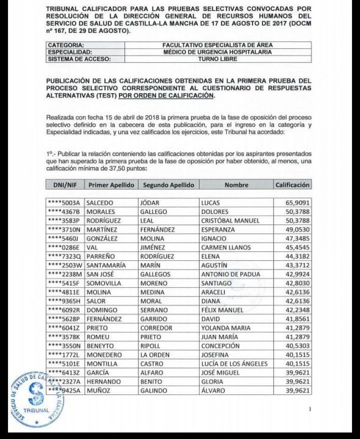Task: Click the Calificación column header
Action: click(x=292, y=185)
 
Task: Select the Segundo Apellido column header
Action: click(x=168, y=185)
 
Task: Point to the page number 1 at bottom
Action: click(x=310, y=409)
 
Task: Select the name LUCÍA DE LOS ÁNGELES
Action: click(x=234, y=364)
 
